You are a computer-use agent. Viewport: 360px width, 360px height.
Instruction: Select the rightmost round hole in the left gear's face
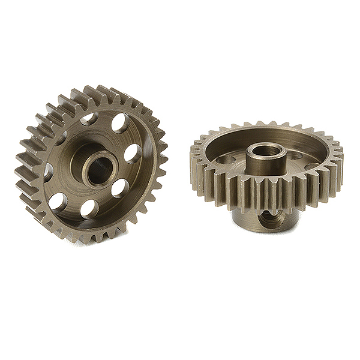coord(133,154)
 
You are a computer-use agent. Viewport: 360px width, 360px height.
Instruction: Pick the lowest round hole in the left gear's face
coord(89,208)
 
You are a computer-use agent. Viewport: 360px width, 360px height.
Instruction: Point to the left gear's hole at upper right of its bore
coord(119,124)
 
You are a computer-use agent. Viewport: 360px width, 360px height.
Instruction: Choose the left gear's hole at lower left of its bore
coord(58,202)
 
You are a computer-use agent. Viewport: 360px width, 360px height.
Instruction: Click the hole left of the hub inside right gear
coord(226,160)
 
